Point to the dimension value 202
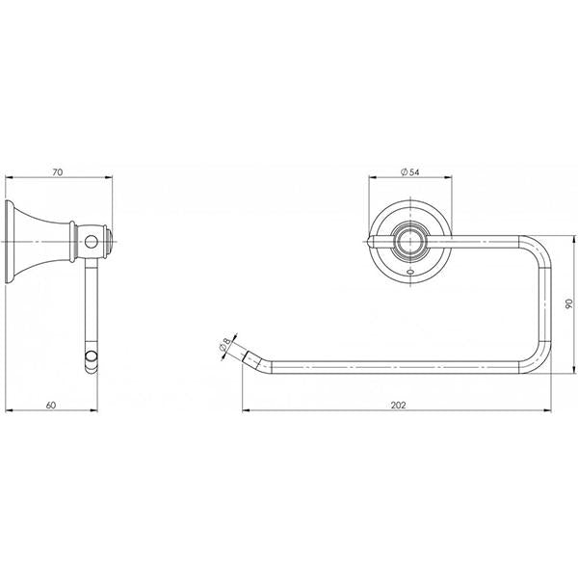(398, 405)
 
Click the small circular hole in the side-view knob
(92, 240)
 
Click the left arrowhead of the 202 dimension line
(244, 412)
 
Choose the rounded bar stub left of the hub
(378, 240)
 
